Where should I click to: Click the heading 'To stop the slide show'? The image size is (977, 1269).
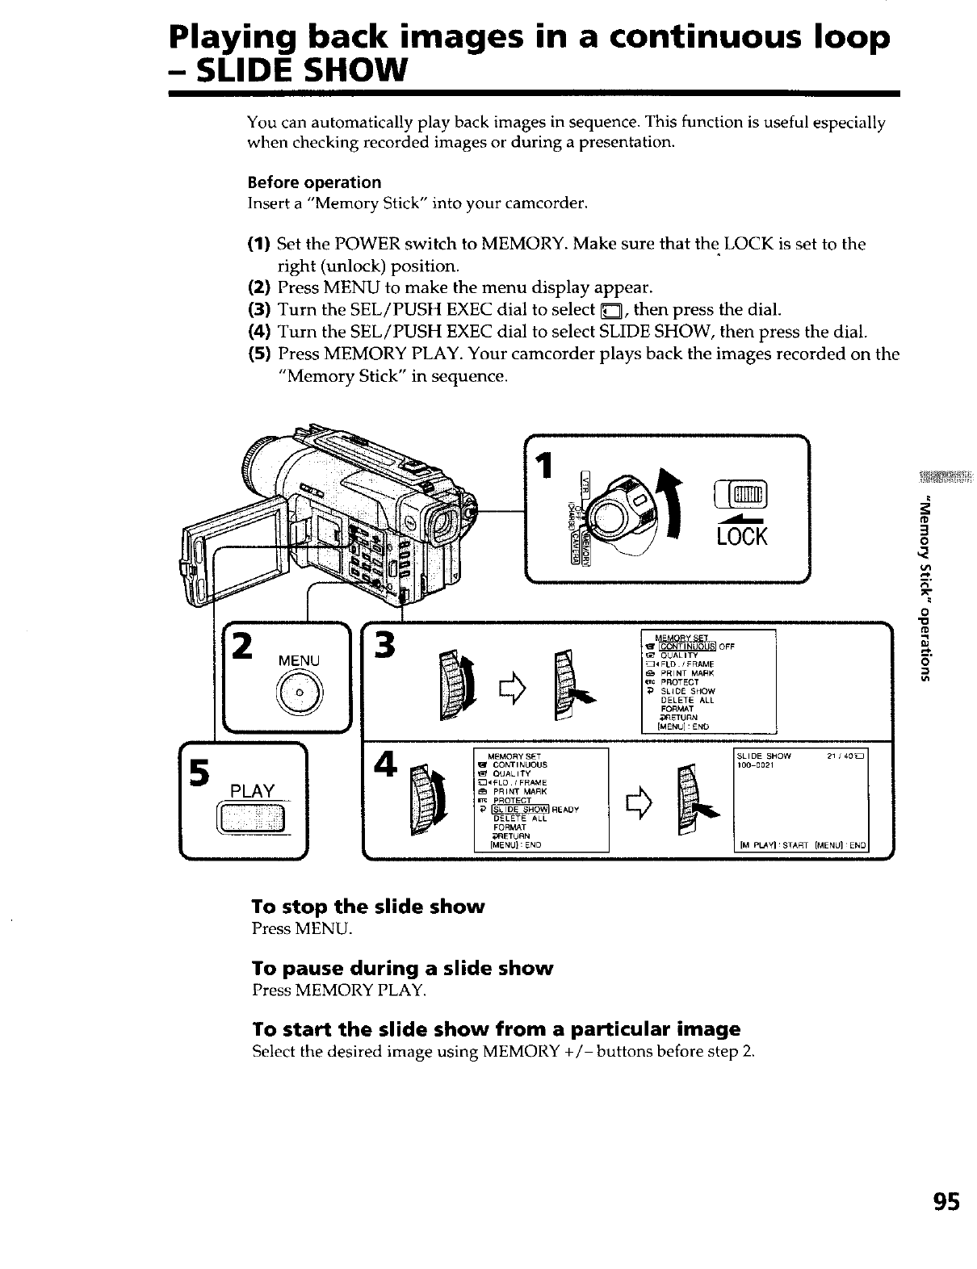pyautogui.click(x=368, y=907)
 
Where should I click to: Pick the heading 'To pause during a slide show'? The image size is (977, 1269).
pyautogui.click(x=402, y=968)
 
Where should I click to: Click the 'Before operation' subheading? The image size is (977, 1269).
pyautogui.click(x=314, y=182)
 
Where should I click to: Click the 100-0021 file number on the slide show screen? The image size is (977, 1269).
pyautogui.click(x=755, y=765)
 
